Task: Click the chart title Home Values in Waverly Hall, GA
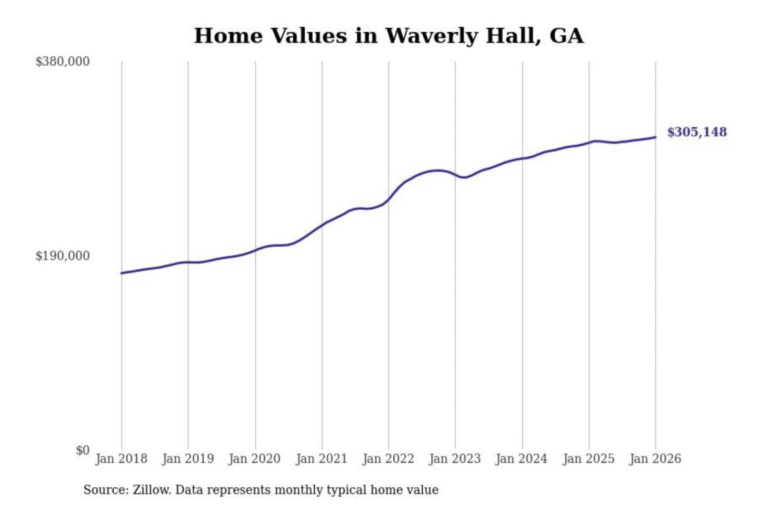tap(388, 36)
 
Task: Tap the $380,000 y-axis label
tap(62, 62)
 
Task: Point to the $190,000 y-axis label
tap(62, 256)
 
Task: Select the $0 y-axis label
tap(83, 450)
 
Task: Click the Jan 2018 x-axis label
tap(121, 459)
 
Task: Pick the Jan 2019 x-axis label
tap(188, 459)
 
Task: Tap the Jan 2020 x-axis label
tap(255, 459)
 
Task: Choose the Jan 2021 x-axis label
tap(322, 459)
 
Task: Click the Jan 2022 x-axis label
tap(388, 459)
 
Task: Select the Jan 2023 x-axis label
tap(455, 459)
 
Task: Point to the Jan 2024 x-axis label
tap(522, 459)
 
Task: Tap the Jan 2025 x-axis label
tap(589, 459)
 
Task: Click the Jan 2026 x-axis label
tap(655, 459)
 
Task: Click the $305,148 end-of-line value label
tap(697, 132)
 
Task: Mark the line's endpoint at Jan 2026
tap(655, 137)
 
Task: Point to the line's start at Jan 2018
tap(122, 273)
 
